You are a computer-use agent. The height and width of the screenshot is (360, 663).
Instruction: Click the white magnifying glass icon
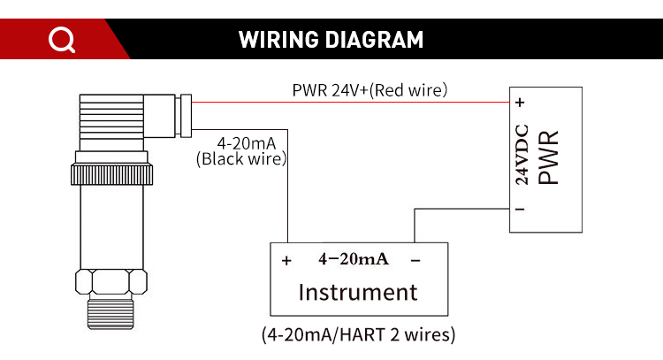61,40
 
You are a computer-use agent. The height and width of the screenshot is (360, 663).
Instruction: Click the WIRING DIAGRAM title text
331,40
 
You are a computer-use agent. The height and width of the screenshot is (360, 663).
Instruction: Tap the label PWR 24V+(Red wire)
370,89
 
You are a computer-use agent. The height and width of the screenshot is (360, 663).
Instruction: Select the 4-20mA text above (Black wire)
241,143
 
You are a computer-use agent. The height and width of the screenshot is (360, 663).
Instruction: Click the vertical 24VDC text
522,155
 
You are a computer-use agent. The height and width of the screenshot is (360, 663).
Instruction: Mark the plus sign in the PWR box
522,103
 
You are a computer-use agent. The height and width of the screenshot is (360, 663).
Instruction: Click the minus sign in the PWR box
522,210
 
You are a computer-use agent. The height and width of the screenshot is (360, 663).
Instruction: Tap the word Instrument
357,292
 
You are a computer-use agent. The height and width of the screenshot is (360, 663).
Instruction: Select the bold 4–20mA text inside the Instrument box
353,259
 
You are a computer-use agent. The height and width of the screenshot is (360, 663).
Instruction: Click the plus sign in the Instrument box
286,261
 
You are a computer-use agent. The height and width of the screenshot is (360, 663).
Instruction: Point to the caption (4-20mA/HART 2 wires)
358,335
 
